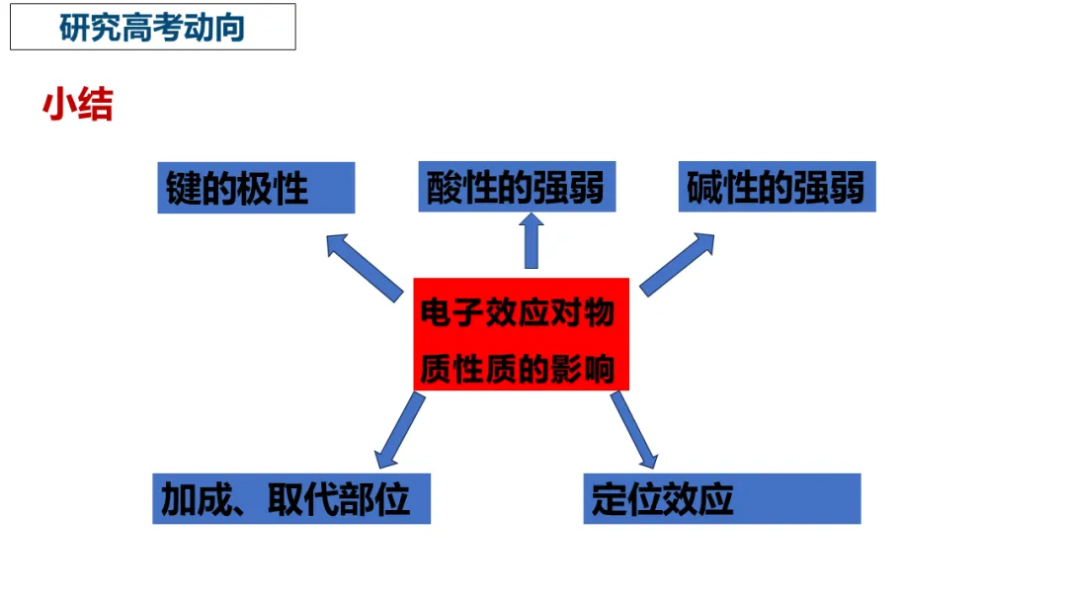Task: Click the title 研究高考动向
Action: click(x=152, y=27)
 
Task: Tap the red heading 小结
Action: click(x=77, y=105)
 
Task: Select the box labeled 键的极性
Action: click(x=256, y=188)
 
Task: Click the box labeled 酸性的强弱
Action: click(x=516, y=187)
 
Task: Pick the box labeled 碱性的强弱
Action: click(x=777, y=187)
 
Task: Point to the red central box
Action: click(x=521, y=334)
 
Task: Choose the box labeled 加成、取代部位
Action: click(x=291, y=499)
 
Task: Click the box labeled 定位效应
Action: click(x=722, y=499)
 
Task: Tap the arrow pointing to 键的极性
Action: click(x=363, y=265)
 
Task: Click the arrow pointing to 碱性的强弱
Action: click(x=678, y=263)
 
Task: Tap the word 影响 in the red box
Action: click(x=583, y=369)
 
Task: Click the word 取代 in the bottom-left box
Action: click(x=302, y=499)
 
